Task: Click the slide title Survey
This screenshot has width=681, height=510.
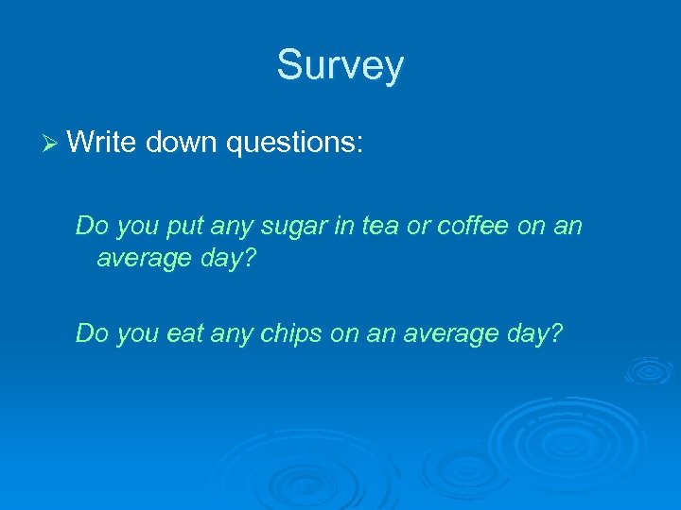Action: (x=340, y=66)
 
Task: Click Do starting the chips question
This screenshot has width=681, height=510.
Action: (x=92, y=333)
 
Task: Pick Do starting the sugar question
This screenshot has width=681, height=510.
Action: (x=92, y=227)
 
